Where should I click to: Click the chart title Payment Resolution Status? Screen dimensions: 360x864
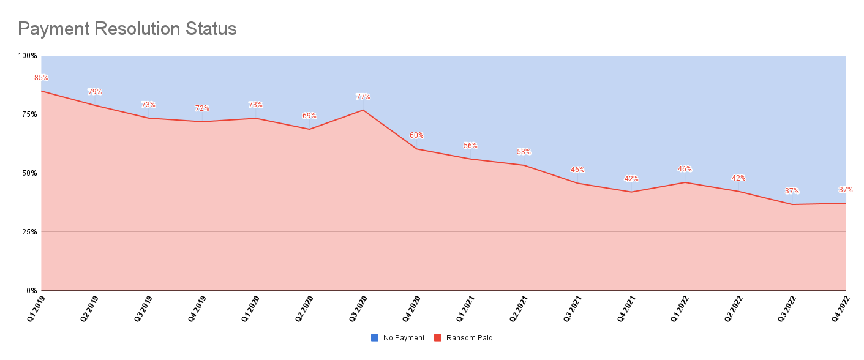[127, 28]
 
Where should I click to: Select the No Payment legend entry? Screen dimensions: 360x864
[397, 338]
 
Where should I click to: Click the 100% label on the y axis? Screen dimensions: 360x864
[27, 56]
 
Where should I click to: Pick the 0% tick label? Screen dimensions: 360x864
[31, 291]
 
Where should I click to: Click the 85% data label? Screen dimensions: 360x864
[41, 78]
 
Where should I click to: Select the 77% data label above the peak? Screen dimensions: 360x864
[363, 97]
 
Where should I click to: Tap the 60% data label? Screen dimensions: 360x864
[416, 135]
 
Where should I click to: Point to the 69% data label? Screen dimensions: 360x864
[309, 116]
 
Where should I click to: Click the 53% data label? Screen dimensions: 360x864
[524, 152]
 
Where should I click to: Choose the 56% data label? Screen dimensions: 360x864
[470, 146]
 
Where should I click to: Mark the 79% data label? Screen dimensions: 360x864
[95, 92]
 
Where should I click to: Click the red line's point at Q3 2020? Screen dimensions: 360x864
[363, 110]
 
